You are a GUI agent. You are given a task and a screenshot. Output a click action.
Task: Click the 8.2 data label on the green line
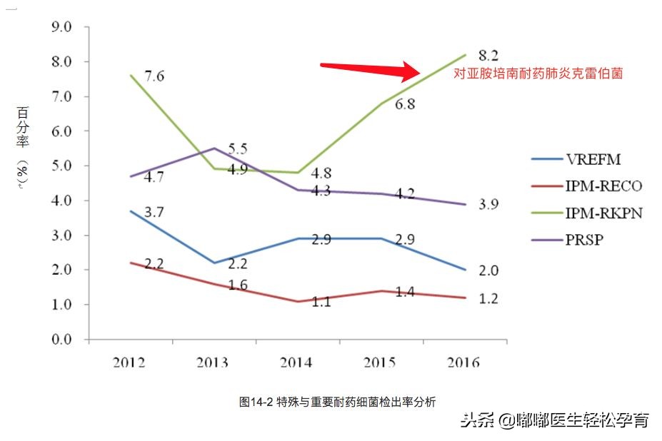pos(488,55)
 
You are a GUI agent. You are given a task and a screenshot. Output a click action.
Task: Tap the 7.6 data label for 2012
pos(155,76)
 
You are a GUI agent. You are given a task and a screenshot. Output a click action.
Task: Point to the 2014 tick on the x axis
pos(296,363)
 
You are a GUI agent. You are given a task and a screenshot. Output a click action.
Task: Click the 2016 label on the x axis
pos(463,363)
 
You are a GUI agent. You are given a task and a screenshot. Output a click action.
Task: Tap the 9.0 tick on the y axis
pos(61,28)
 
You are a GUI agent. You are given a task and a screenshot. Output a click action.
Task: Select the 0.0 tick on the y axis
pos(61,340)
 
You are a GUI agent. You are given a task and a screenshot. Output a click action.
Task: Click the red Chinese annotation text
pos(538,73)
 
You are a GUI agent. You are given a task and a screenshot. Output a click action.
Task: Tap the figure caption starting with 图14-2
pos(337,402)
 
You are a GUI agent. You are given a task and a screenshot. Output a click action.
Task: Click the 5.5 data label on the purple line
pos(237,149)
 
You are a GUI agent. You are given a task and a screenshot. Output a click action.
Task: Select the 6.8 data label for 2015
pos(405,104)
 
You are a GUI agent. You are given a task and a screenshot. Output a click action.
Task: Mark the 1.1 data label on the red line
pos(321,302)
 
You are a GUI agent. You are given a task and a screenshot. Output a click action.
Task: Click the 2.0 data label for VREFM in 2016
pos(488,270)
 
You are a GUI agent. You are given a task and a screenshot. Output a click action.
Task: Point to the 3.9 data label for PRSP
pos(488,205)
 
